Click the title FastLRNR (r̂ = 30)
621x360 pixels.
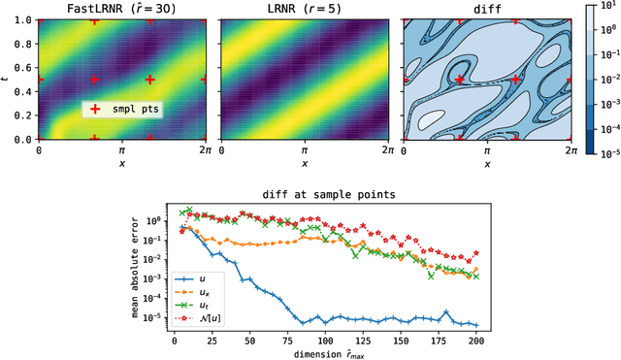95,9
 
